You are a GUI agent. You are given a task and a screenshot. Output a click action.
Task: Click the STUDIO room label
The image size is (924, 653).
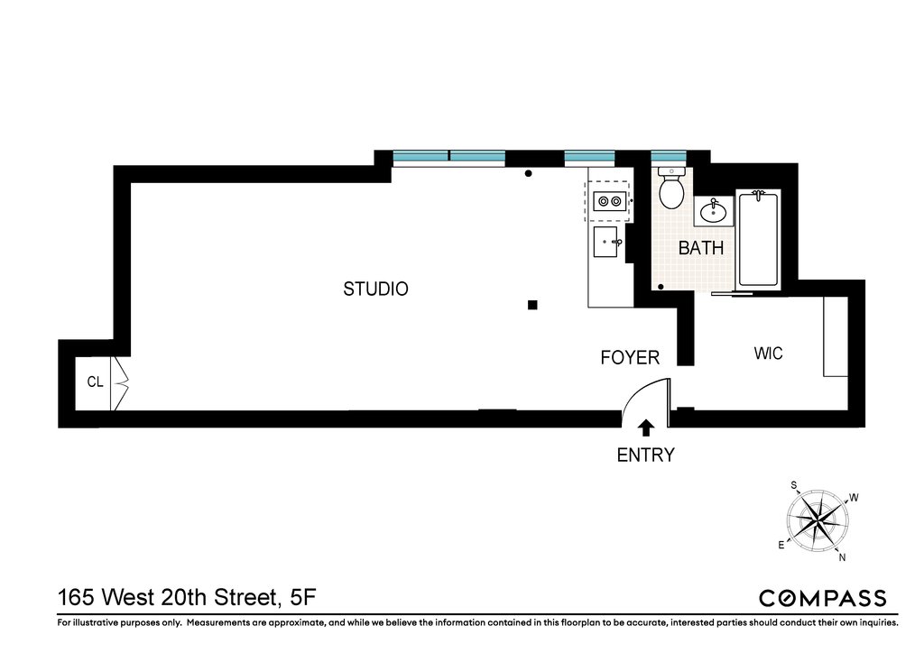[x=375, y=290]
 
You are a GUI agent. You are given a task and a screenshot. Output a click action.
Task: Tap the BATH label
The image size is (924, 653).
[x=700, y=248]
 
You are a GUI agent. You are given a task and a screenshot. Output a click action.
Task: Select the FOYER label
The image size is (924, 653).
[x=630, y=357]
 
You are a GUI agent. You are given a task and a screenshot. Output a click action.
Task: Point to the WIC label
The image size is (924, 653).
[x=769, y=354]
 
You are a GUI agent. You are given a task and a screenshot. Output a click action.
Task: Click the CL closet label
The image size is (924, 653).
[x=95, y=382]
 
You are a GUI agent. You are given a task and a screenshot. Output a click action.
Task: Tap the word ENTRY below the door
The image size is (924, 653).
[x=645, y=455]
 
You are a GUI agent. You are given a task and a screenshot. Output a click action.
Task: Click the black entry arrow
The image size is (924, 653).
[x=646, y=428]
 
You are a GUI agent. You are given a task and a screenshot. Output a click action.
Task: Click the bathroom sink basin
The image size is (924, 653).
[x=713, y=211]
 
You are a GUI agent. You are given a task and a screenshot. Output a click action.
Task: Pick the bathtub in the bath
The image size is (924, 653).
[x=758, y=238]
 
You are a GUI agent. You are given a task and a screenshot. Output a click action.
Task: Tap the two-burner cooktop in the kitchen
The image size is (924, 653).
[x=609, y=201]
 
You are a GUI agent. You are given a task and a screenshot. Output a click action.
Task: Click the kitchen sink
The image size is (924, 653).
[x=605, y=242]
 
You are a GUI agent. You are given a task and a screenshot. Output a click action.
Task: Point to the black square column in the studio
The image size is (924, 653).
[x=532, y=305]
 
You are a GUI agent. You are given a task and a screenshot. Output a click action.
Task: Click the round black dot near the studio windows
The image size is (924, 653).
[x=529, y=173]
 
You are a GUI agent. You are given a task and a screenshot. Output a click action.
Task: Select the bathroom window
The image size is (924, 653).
[x=669, y=156]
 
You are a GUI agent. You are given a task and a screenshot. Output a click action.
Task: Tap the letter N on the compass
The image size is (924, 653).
[x=842, y=557]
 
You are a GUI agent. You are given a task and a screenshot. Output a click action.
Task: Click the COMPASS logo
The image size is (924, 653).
[x=823, y=598]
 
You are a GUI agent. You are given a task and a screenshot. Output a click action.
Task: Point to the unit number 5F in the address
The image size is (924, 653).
[x=303, y=598]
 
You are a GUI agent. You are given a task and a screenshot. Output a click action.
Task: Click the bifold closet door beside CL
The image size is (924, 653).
[x=120, y=383]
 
